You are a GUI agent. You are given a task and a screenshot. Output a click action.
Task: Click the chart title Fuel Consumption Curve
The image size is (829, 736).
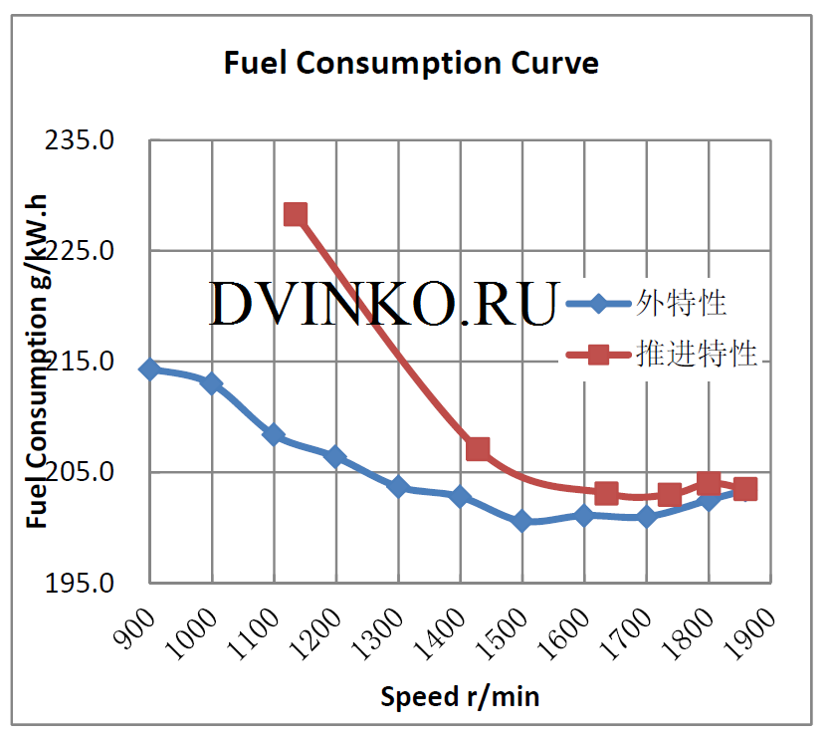pos(411,64)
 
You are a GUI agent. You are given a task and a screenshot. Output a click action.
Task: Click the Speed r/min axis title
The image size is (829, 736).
pos(460,696)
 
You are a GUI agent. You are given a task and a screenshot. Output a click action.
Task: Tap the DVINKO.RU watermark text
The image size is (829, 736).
pos(383,305)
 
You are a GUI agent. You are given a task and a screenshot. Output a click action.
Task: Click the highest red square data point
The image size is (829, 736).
pos(296,214)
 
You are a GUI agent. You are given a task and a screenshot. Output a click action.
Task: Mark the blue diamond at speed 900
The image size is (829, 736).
pos(149,369)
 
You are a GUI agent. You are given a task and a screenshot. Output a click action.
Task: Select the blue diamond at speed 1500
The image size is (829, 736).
pos(522,521)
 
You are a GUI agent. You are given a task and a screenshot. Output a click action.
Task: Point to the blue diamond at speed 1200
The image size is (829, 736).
pos(335,457)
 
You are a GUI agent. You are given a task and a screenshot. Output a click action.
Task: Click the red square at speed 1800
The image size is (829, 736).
pos(709,484)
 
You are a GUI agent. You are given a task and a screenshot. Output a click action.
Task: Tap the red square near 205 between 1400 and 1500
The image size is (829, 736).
pos(478,449)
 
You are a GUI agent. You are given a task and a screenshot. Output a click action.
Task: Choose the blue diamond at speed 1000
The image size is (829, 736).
pos(211,383)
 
